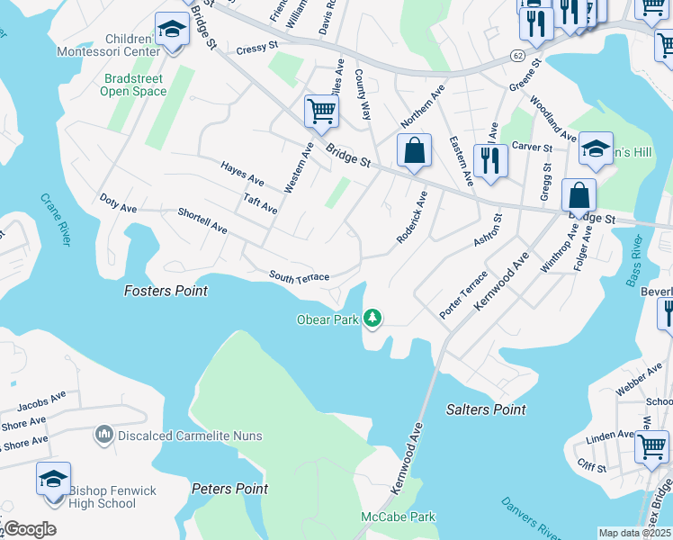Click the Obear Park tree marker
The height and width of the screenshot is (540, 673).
372,319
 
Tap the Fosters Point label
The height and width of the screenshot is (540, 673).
166,291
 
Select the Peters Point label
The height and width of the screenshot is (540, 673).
229,489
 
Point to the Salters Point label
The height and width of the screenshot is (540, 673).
486,409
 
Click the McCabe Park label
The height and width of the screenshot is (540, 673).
398,517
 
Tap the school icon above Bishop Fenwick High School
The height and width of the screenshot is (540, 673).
53,477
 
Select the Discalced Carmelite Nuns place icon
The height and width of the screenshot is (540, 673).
103,436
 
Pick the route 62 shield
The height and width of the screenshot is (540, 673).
516,55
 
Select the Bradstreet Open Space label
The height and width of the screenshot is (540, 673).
133,85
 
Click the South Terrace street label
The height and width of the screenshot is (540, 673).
299,277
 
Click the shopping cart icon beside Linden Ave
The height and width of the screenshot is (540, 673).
651,446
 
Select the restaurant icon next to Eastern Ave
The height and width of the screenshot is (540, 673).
490,159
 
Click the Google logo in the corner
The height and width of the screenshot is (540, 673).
29,528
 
